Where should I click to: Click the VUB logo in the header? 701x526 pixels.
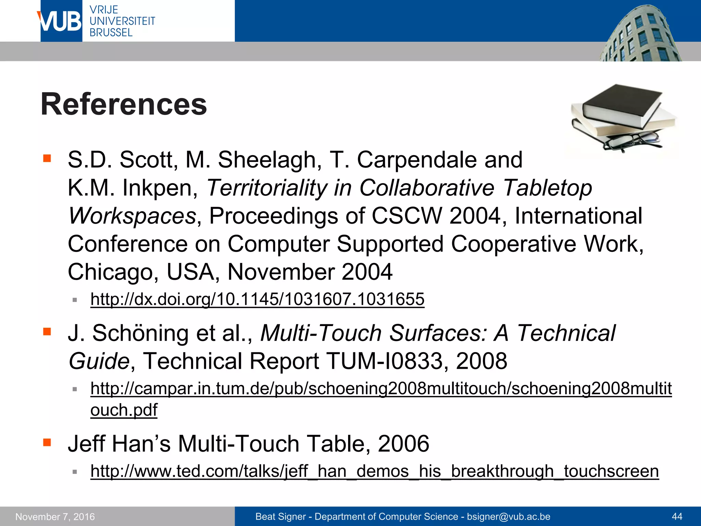(61, 21)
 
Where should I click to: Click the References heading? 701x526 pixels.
(124, 104)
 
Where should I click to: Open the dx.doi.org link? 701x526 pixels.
(257, 299)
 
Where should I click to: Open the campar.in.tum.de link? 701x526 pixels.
(381, 389)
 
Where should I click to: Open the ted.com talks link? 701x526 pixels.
(374, 471)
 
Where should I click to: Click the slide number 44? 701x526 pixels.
(677, 516)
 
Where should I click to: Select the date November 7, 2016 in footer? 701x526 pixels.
(55, 516)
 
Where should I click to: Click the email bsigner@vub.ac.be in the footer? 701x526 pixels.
(508, 516)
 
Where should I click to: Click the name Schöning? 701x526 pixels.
(140, 333)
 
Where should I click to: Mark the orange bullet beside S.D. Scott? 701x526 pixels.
(47, 158)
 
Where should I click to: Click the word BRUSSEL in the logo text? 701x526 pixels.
(111, 33)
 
